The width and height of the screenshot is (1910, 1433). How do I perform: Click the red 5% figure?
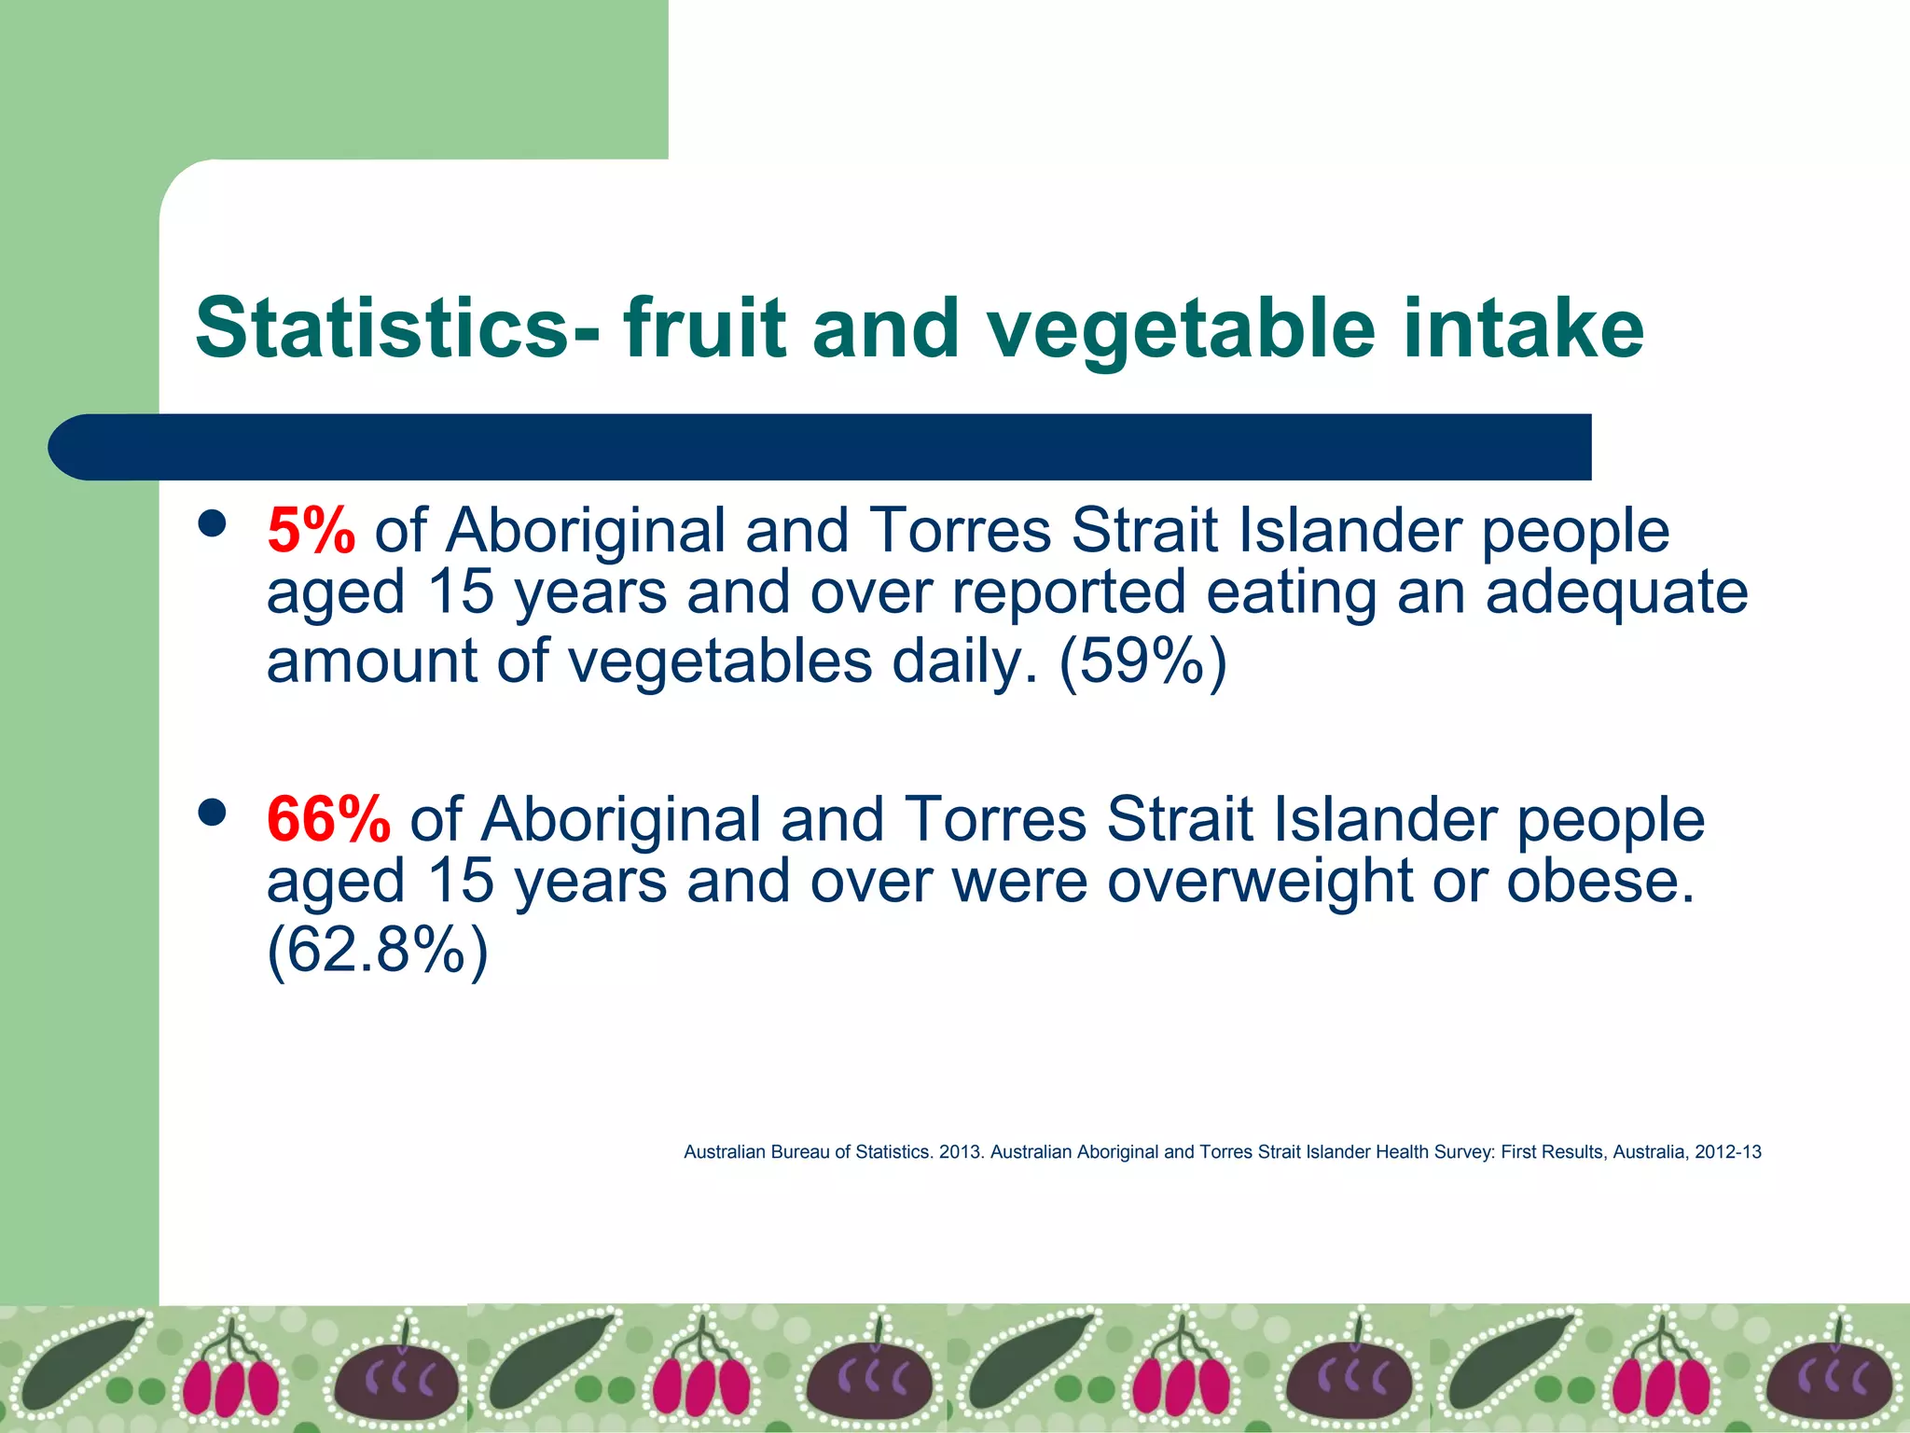tap(311, 531)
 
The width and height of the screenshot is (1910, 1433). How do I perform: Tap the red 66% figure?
tap(328, 820)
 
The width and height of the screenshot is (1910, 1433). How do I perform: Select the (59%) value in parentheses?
tap(1142, 661)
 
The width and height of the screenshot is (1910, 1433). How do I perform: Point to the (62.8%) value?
tap(378, 951)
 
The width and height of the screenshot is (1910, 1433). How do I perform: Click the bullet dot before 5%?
tap(213, 523)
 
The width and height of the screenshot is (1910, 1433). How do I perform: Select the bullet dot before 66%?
tap(213, 813)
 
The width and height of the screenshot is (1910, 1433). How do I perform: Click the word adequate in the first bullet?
tap(1616, 593)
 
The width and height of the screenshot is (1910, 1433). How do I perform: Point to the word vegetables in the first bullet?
tap(720, 661)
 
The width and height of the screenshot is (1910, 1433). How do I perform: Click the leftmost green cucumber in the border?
tap(79, 1361)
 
